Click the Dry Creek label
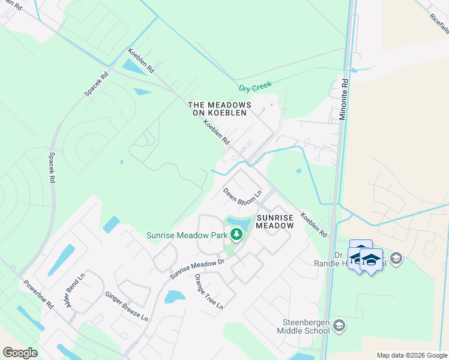[255, 88]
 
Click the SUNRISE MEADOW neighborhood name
[276, 221]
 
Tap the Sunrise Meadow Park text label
[185, 235]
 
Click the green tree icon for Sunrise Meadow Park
[237, 235]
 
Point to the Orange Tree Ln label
[208, 292]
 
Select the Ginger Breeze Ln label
[126, 307]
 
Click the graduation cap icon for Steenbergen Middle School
[339, 325]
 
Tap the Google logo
[20, 353]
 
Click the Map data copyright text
[412, 355]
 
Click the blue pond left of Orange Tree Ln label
[174, 296]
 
